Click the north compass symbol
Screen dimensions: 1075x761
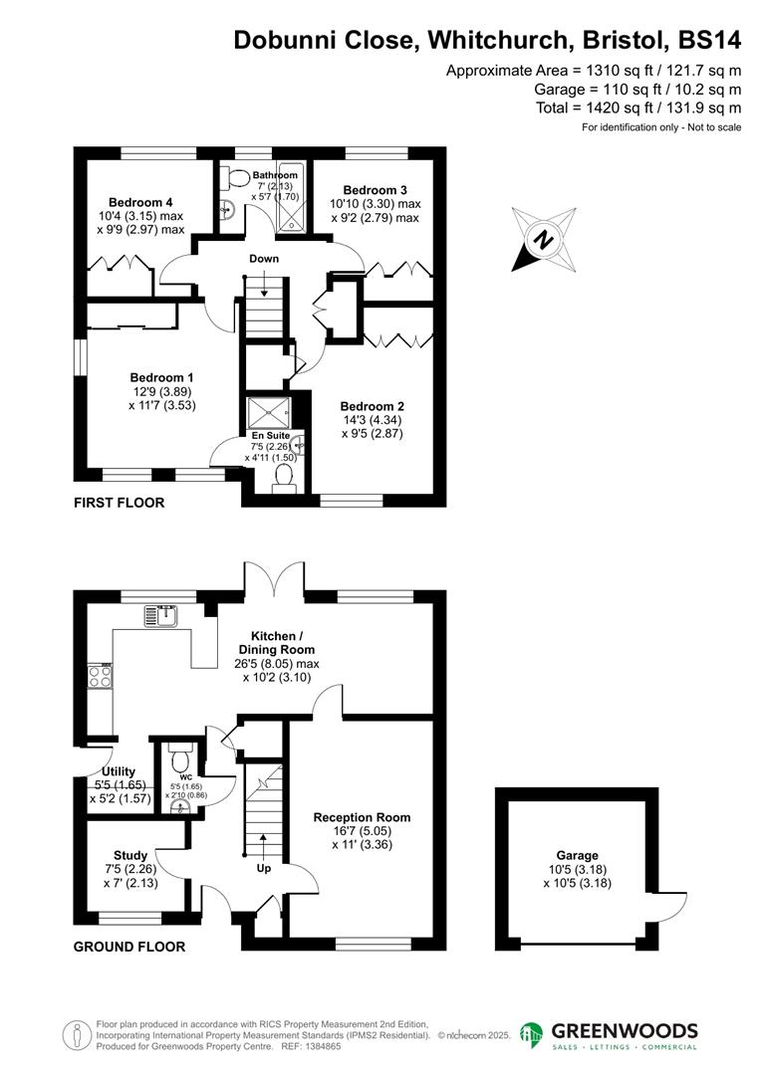[x=544, y=239]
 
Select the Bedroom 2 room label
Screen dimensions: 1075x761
[x=372, y=406]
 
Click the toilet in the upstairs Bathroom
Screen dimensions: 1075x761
[x=237, y=177]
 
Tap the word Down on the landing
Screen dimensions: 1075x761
[x=264, y=259]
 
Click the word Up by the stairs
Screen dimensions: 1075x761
[x=264, y=868]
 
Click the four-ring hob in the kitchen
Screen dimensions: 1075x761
[x=101, y=676]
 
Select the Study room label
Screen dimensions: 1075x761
[x=130, y=855]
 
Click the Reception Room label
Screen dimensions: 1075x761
[x=362, y=817]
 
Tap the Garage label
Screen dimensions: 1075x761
[x=577, y=855]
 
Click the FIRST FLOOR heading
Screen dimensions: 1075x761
[x=119, y=504]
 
